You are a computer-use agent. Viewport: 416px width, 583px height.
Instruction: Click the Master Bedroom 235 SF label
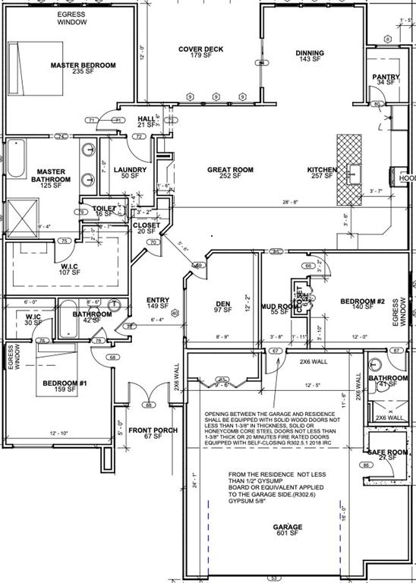[x=83, y=69]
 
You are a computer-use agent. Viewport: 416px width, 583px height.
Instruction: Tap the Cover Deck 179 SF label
[x=201, y=52]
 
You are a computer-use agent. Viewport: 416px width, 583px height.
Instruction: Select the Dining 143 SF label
[x=310, y=56]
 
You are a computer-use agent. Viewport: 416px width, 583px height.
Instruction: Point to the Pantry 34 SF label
[x=385, y=80]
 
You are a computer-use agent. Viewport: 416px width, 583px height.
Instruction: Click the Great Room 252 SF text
[x=230, y=173]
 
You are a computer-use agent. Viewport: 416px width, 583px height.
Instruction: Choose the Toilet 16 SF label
[x=104, y=211]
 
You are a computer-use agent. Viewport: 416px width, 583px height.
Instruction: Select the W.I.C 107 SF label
[x=71, y=269]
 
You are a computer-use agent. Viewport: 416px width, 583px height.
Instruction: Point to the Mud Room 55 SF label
[x=276, y=309]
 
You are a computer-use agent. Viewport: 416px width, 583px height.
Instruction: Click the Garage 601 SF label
[x=293, y=530]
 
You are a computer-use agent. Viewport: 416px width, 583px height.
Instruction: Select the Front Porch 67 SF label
[x=153, y=433]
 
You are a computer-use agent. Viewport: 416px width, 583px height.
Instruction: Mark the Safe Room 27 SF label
[x=389, y=455]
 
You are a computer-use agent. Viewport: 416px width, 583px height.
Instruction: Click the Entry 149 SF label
[x=157, y=304]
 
